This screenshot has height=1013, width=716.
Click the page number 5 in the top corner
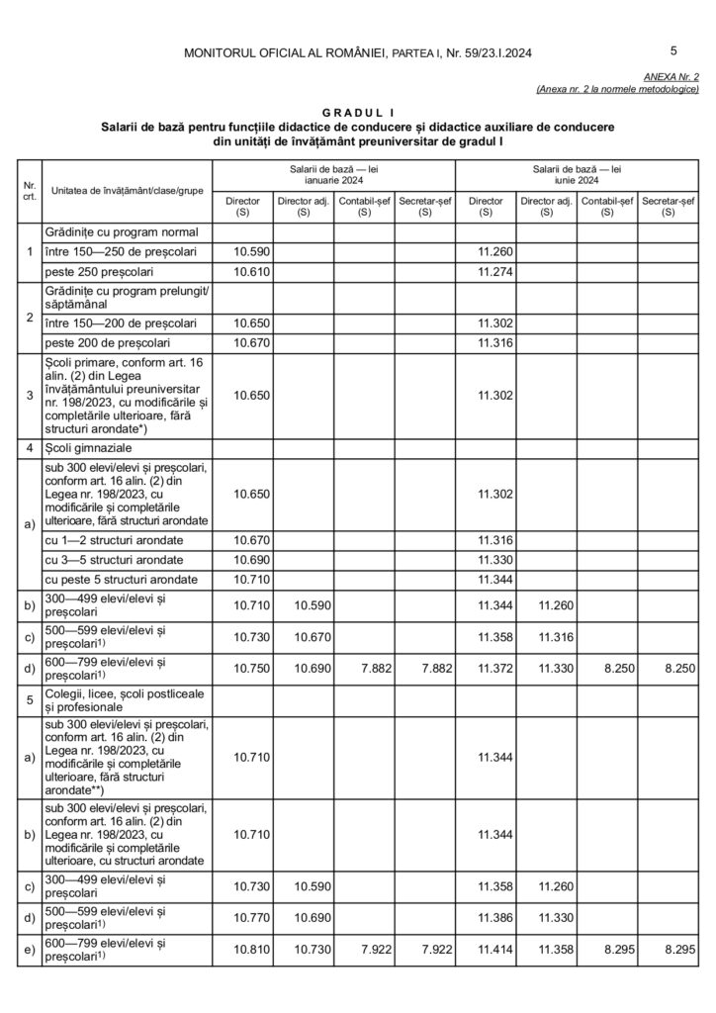pyautogui.click(x=673, y=50)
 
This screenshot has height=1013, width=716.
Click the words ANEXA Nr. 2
pyautogui.click(x=671, y=76)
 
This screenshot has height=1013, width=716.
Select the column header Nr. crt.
pyautogui.click(x=30, y=190)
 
